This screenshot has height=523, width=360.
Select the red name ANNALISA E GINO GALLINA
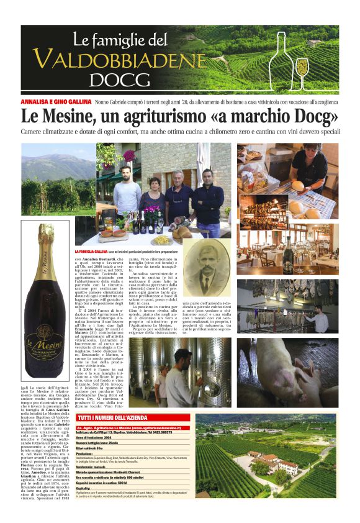click(55, 101)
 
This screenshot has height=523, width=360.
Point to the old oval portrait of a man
click(206, 274)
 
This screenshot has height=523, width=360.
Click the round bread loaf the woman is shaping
click(297, 185)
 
